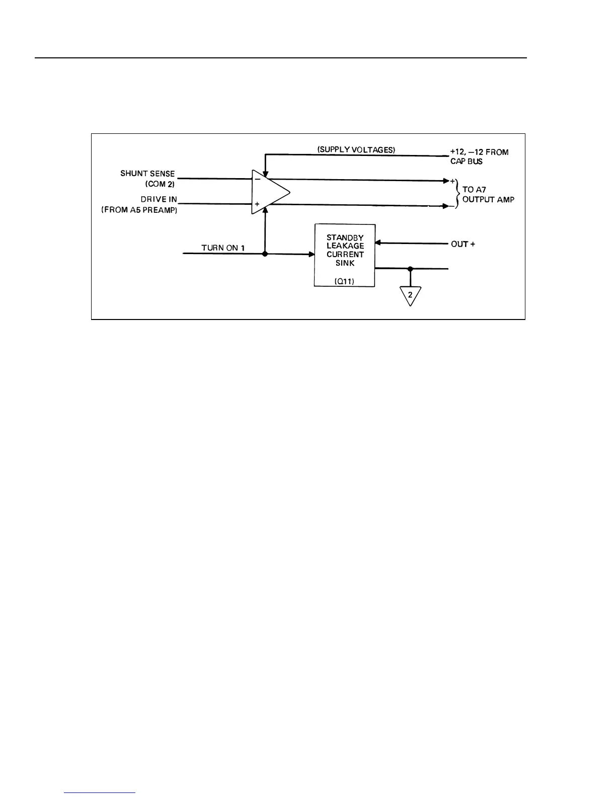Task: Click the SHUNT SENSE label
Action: tap(147, 174)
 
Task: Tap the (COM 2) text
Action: tap(160, 184)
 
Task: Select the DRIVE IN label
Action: tap(159, 200)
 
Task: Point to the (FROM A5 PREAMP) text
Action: tap(139, 210)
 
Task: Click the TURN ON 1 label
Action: tap(223, 248)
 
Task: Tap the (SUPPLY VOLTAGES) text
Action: tap(357, 150)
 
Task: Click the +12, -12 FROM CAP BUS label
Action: tap(479, 156)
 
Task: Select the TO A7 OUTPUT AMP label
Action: tap(488, 195)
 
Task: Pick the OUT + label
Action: tap(463, 244)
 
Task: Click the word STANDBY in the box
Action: tap(345, 237)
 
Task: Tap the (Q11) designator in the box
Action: tap(344, 282)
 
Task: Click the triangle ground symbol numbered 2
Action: tap(410, 296)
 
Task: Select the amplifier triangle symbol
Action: tap(270, 192)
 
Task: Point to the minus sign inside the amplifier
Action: tap(257, 178)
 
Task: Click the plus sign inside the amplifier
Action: tap(257, 204)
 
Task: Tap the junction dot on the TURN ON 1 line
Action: tap(265, 254)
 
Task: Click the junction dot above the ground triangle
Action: tap(410, 269)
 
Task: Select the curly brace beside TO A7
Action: tap(457, 194)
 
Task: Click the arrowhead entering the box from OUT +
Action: tap(378, 244)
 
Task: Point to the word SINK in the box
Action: tap(345, 263)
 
